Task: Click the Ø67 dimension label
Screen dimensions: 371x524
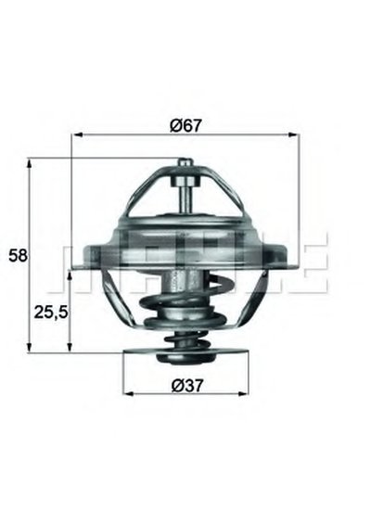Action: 186,126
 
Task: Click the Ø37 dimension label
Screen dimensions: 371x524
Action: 187,386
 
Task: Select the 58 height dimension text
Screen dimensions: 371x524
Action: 18,256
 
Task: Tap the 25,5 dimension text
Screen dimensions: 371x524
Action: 51,313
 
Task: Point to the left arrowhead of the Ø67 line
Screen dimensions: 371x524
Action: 77,134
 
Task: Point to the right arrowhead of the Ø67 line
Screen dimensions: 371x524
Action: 292,134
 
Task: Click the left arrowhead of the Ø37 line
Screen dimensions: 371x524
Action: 129,393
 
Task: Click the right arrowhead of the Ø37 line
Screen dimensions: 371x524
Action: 244,393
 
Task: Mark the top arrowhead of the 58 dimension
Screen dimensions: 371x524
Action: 30,164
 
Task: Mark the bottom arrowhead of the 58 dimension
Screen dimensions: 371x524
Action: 30,347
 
